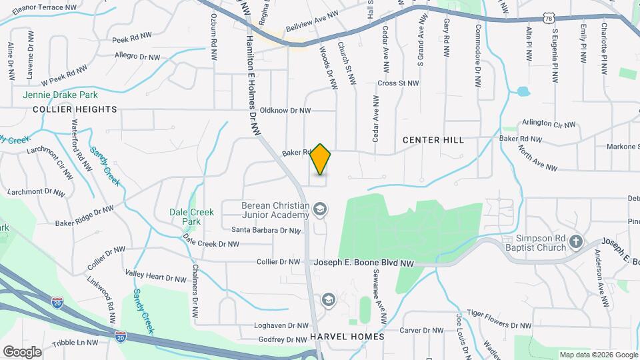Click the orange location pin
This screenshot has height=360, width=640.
click(321, 159)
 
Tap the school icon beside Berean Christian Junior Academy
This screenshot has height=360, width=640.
click(320, 211)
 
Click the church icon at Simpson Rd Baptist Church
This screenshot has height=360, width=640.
click(577, 242)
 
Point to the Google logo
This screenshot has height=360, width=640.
click(22, 351)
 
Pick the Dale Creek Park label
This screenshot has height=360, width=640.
click(191, 217)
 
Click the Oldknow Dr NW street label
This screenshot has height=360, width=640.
click(285, 111)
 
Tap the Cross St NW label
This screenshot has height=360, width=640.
click(398, 83)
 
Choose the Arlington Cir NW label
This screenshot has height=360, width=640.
click(547, 123)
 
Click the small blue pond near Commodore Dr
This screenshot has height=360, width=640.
click(523, 91)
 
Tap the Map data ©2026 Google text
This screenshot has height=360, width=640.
click(598, 355)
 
